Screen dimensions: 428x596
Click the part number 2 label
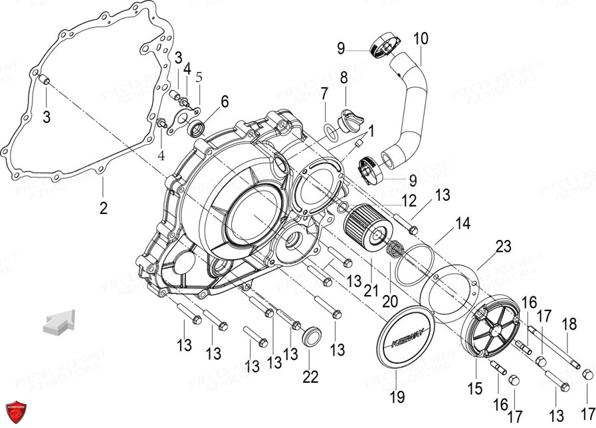103,208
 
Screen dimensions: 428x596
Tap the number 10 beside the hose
421,39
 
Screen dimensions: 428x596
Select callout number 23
503,247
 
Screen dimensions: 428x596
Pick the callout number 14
462,224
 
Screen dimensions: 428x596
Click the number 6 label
224,102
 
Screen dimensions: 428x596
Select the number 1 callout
371,131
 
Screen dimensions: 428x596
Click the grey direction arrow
57,322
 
